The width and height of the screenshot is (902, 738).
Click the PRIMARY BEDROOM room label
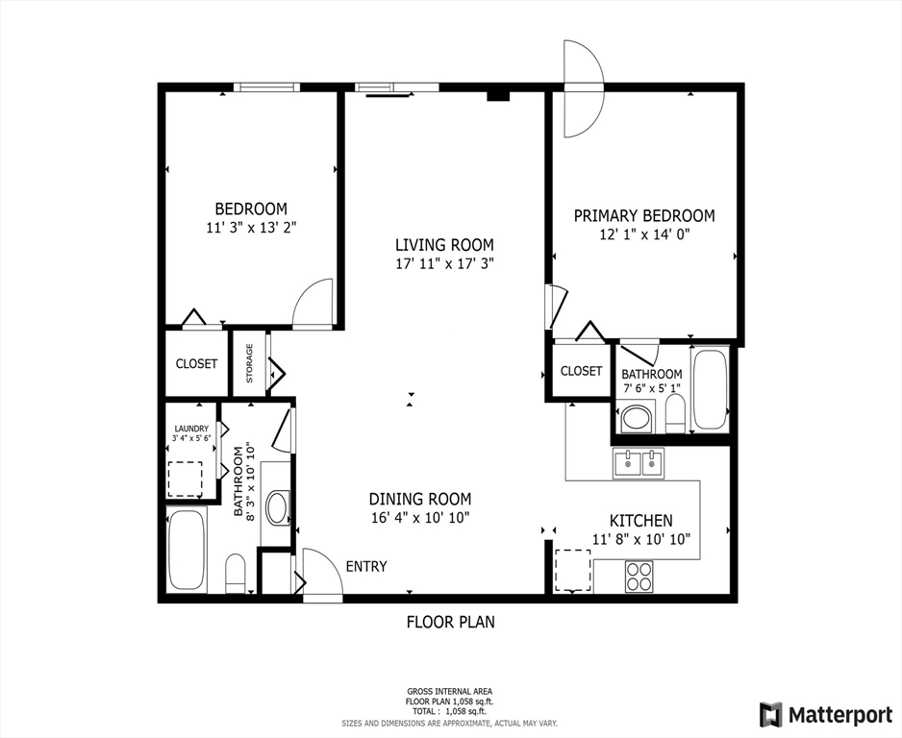pos(644,216)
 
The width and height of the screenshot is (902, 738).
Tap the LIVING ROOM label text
pos(444,244)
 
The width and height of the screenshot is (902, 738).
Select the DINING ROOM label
pos(420,499)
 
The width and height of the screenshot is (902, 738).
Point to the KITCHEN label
pos(640,520)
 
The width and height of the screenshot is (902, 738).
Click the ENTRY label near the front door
pos(365,566)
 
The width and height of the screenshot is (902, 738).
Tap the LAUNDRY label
pos(191,429)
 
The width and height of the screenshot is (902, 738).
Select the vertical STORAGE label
pos(249,363)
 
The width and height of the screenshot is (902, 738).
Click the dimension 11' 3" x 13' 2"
pos(250,228)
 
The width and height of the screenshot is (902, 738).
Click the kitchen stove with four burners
pos(639,575)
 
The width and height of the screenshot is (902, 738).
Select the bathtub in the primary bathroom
pos(711,389)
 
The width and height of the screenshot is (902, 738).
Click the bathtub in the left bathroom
pos(186,549)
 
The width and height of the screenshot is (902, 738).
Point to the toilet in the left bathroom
pos(236,574)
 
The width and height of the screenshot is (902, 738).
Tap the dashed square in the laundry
pos(186,478)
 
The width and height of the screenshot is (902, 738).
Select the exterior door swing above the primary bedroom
pos(582,89)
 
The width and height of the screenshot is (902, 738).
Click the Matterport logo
pos(825,714)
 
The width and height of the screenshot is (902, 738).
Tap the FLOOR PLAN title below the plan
pos(450,622)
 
